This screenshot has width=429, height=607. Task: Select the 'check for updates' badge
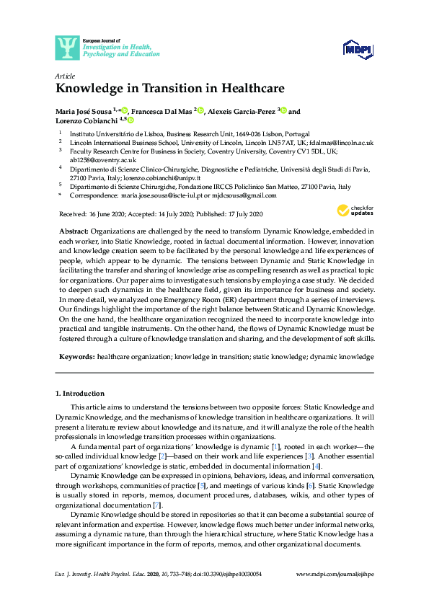click(353, 211)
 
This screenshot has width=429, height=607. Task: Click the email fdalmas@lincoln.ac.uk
click(341, 143)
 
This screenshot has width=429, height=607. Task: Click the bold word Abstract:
click(74, 230)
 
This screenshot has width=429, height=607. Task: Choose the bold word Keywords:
click(76, 357)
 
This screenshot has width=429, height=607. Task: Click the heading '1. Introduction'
click(80, 394)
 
